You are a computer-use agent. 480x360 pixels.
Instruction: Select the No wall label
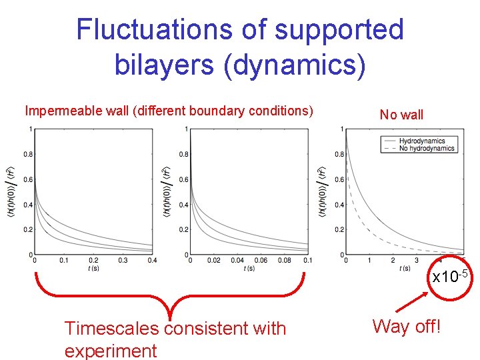tap(401, 115)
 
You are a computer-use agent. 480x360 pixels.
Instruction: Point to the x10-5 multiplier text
tap(452, 275)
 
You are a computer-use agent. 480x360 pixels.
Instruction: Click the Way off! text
tap(407, 326)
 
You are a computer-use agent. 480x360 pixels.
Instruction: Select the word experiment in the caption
tap(111, 351)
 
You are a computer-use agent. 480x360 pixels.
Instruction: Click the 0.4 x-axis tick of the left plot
tap(152, 261)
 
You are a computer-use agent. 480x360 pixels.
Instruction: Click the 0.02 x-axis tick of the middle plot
tap(214, 261)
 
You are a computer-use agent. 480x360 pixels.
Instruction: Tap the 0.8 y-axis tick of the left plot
tap(28, 154)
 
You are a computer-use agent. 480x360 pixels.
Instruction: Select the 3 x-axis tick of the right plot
tap(417, 261)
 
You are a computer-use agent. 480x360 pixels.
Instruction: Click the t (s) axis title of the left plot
tap(93, 269)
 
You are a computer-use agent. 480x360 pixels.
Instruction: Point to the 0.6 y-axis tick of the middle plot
tap(183, 179)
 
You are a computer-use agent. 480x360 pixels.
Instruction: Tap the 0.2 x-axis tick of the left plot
tap(93, 261)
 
